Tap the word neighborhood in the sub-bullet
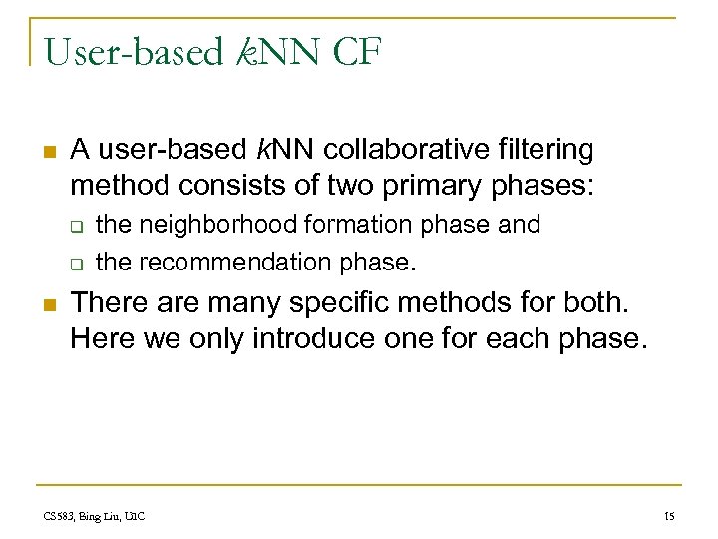tap(210, 225)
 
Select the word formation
tap(356, 225)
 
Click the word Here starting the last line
tap(103, 339)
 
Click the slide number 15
tap(669, 516)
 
